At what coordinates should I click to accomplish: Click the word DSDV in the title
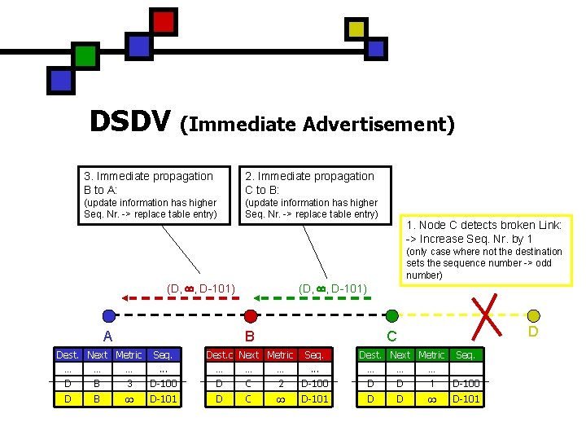(x=130, y=121)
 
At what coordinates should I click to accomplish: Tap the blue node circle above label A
(x=109, y=316)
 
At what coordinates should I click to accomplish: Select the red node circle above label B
(x=251, y=316)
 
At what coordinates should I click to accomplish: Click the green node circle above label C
(x=391, y=316)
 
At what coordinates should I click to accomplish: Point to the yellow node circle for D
(x=533, y=316)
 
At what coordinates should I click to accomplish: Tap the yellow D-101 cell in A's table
(x=163, y=399)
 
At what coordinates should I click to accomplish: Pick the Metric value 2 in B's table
(x=281, y=384)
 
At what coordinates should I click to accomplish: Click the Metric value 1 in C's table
(x=431, y=384)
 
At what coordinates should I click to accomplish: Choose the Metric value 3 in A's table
(x=129, y=384)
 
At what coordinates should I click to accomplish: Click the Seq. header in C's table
(x=466, y=355)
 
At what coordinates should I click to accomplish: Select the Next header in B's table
(x=249, y=355)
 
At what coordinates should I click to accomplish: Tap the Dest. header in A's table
(x=68, y=355)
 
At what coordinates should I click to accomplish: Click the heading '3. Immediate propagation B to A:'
(x=148, y=183)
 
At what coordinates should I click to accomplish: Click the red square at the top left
(x=164, y=21)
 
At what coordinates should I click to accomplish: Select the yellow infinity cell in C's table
(x=431, y=399)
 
